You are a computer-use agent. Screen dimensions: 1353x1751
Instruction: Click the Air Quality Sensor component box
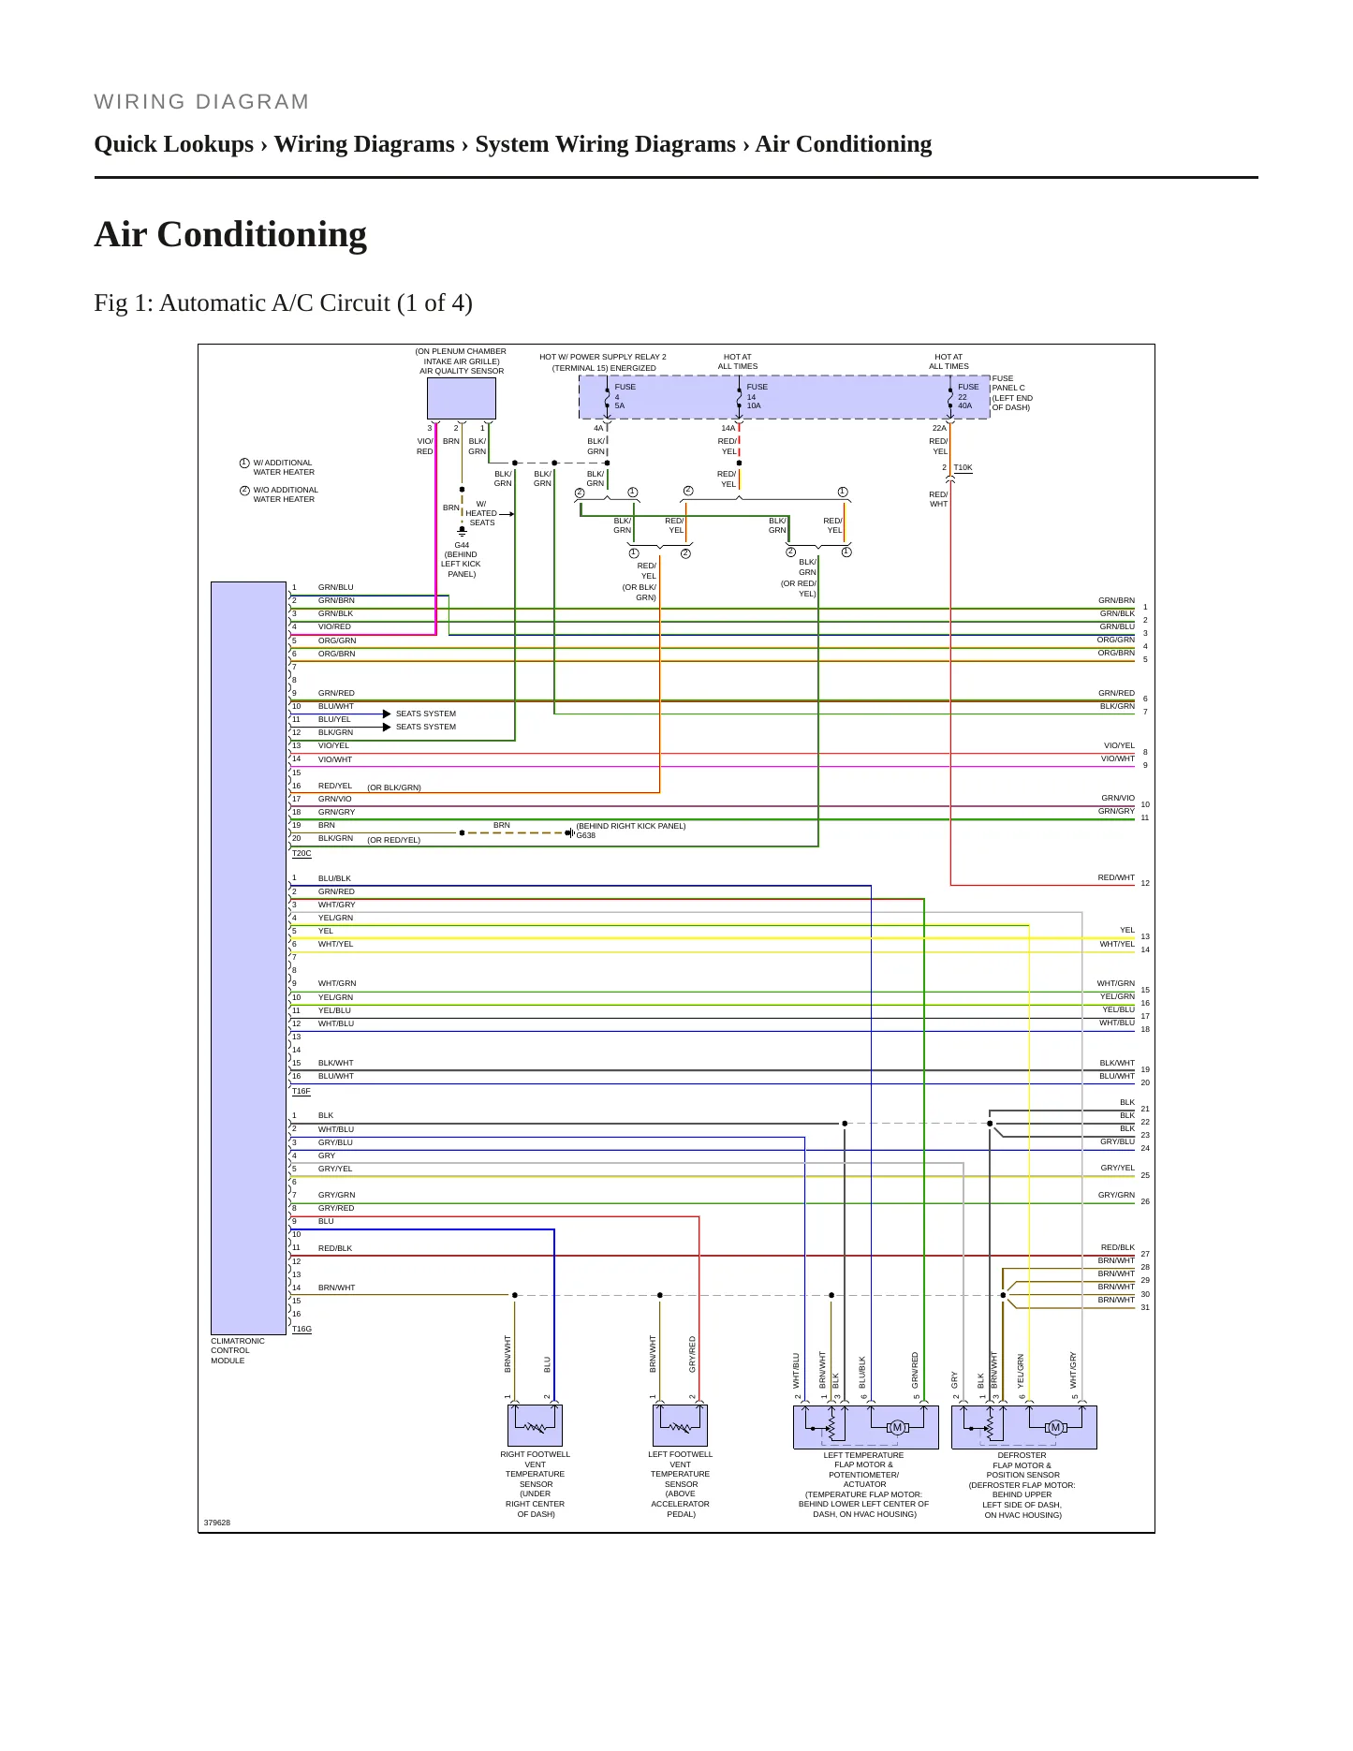pos(462,398)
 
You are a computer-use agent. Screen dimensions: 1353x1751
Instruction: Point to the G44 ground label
pos(462,545)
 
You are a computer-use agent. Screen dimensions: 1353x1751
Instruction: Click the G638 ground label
pos(585,835)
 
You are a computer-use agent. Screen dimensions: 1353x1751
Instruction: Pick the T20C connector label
pos(301,853)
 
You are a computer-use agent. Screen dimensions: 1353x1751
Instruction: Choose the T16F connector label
pos(301,1091)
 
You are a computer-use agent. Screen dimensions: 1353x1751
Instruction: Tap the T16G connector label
pos(301,1329)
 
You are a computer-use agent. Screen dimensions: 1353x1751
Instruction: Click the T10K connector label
pos(963,467)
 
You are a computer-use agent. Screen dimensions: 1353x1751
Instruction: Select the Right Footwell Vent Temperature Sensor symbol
pos(535,1425)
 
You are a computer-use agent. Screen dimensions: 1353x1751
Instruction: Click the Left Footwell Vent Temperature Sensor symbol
pos(680,1425)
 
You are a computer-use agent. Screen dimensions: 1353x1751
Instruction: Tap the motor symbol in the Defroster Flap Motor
pos(1055,1427)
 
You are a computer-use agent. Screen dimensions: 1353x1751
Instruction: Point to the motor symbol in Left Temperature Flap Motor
pos(897,1427)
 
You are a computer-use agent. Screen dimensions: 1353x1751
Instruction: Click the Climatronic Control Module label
pos(238,1350)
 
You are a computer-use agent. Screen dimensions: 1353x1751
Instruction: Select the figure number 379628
pos(217,1523)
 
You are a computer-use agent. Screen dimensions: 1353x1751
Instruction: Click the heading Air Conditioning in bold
pos(230,234)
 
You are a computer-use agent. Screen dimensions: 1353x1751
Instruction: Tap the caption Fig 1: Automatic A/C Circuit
pos(283,302)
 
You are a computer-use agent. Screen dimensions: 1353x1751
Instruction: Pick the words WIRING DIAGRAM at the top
pos(201,101)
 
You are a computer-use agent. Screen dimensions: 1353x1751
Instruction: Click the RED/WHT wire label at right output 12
pos(1116,877)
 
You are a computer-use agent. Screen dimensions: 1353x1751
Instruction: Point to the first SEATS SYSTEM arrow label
pos(426,714)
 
